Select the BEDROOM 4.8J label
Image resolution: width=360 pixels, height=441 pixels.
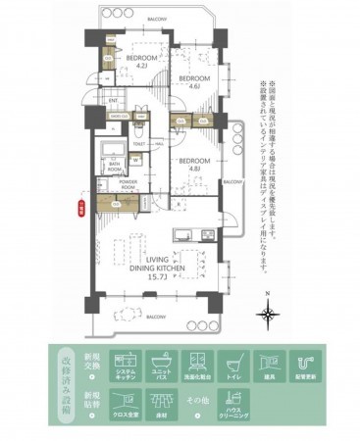tap(192, 164)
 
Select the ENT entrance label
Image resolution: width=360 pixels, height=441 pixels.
tap(113, 100)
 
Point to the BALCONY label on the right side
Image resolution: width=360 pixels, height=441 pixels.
tap(232, 182)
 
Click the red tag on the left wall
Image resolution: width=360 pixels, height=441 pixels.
tap(78, 205)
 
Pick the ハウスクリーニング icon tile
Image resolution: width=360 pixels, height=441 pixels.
tap(233, 405)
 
